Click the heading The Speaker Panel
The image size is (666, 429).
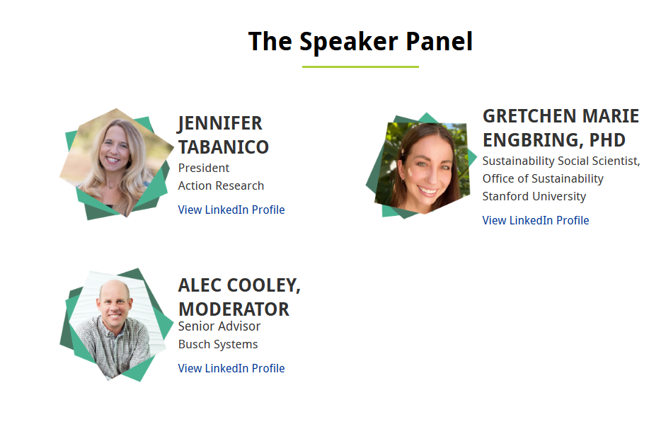[360, 42]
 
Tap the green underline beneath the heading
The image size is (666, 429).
[360, 67]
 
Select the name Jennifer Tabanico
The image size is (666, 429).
[224, 135]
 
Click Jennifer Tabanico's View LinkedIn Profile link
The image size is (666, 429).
[231, 210]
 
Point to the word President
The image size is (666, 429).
[204, 168]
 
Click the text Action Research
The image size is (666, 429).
[222, 185]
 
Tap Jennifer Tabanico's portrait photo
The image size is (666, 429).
[116, 164]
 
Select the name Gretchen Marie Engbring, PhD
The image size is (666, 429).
[561, 128]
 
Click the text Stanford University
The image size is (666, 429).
[534, 196]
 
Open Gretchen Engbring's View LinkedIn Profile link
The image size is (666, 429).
[536, 220]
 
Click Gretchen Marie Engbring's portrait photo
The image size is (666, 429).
[422, 166]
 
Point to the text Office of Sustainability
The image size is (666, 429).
[543, 179]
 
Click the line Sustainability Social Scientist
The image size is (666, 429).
[561, 161]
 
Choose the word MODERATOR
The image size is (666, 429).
[234, 309]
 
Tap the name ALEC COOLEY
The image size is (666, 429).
[239, 285]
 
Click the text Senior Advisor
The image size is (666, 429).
[219, 326]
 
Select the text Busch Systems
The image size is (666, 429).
[218, 345]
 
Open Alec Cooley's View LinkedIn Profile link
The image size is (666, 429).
[231, 368]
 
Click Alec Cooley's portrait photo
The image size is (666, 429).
[116, 325]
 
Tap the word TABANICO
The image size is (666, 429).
[224, 147]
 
